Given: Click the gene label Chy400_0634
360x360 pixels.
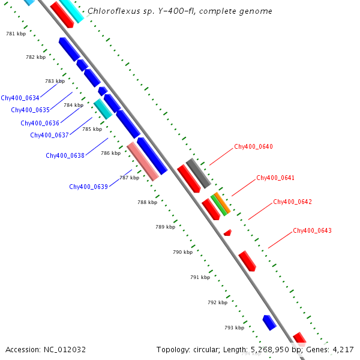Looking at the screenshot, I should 20,98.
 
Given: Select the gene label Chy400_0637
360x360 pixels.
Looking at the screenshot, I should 49,135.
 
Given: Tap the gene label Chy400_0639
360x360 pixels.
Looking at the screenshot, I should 88,187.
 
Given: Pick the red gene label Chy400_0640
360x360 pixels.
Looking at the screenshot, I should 253,146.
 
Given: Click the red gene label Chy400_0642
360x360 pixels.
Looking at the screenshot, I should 292,202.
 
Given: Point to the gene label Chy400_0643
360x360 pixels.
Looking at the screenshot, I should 312,230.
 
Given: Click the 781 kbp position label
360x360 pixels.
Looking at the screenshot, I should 16,34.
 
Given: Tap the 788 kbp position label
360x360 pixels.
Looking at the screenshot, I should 147,202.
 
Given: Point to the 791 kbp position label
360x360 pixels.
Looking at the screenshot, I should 200,277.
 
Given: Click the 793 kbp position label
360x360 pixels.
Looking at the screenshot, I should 234,327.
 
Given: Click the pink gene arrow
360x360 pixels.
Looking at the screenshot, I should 143,161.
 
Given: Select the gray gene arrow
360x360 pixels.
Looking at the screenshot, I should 197,173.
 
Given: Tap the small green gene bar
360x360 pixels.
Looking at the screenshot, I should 218,205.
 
